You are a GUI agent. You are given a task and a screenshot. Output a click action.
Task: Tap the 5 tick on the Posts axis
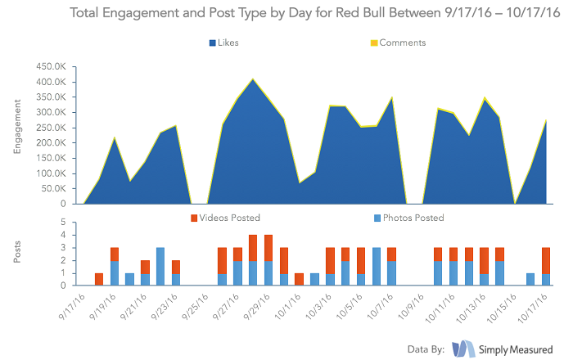point(62,223)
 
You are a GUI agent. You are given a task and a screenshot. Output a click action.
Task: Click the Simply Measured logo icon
point(464,348)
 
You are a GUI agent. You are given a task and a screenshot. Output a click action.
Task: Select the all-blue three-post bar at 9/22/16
point(160,266)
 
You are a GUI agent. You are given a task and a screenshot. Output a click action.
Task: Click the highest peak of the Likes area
point(253,80)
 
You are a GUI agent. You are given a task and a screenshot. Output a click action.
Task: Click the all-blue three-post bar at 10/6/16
point(377,266)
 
